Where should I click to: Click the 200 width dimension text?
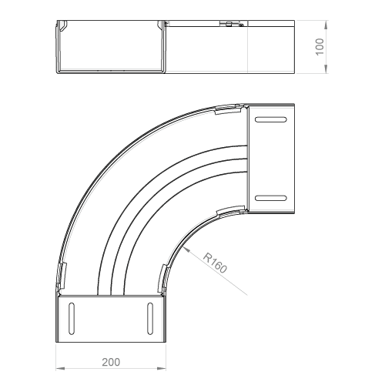pos(111,362)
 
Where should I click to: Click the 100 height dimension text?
pos(320,47)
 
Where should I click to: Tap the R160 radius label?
pos(215,263)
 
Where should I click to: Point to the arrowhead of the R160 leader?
pos(186,249)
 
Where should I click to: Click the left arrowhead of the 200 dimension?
pos(60,369)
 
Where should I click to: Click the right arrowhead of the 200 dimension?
pos(162,369)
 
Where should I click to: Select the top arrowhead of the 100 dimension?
pos(326,25)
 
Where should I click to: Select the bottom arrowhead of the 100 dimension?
pos(326,69)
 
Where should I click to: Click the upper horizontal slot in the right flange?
pos(271,119)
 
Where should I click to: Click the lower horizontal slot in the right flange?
pos(271,198)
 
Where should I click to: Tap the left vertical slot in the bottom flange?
pos(72,319)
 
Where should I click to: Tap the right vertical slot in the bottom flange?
pos(150,319)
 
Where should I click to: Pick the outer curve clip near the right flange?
pos(228,110)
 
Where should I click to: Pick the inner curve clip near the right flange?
pos(230,210)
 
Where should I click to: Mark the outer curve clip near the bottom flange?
pos(62,276)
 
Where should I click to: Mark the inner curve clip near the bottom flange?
pos(162,278)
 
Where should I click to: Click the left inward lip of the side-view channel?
pos(63,25)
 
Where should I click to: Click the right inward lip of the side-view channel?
pos(159,25)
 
